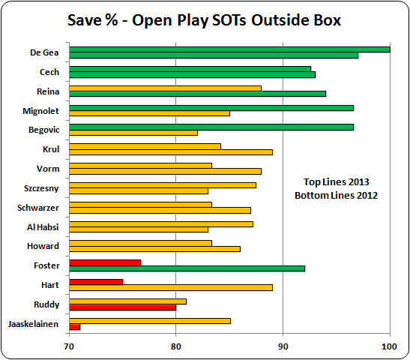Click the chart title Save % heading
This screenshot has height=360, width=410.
tap(205, 20)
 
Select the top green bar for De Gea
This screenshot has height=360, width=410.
tap(229, 49)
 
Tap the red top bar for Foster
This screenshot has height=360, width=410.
tap(105, 262)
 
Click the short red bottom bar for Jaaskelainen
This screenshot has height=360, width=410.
tap(74, 326)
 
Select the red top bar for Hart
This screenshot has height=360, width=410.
tap(96, 281)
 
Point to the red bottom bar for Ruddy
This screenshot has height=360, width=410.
tap(122, 307)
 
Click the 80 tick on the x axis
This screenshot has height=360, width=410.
tap(175, 346)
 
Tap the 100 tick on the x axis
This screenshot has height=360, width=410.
tap(389, 346)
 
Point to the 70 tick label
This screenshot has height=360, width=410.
tap(69, 346)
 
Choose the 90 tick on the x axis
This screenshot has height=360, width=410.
tap(283, 346)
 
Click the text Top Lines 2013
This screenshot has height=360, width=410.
tap(336, 181)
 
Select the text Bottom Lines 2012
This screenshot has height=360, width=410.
tap(336, 195)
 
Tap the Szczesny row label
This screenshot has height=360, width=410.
tap(43, 187)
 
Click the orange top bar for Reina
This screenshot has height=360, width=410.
tap(165, 88)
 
